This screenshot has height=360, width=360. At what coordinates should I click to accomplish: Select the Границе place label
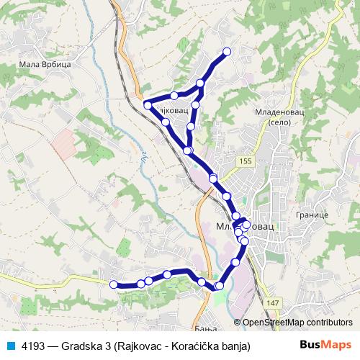(312, 215)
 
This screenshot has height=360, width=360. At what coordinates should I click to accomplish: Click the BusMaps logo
(325, 345)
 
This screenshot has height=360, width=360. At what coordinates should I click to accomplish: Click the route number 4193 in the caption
(34, 346)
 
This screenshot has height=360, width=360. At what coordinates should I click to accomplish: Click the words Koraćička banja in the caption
(214, 346)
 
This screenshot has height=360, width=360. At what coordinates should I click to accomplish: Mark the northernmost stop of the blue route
(228, 51)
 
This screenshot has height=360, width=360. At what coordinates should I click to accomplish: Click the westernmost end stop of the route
(113, 284)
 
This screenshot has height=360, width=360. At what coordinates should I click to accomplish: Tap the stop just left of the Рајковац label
(148, 105)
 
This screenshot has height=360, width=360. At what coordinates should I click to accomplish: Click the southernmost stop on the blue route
(219, 287)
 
